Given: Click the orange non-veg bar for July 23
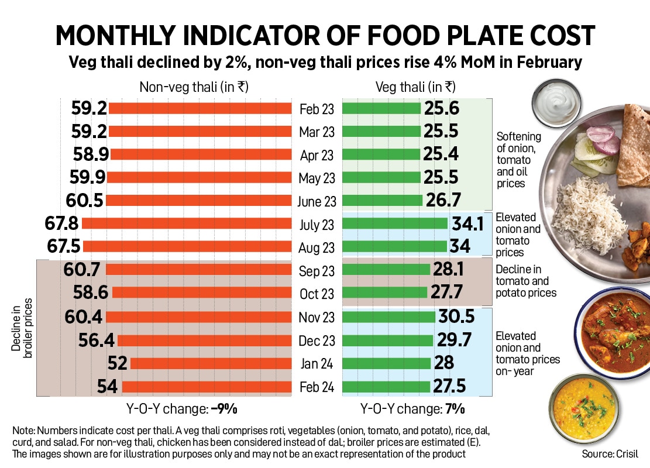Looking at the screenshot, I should click(x=187, y=223).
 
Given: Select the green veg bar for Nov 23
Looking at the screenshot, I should click(x=388, y=316).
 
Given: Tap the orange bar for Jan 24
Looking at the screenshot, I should click(x=211, y=363).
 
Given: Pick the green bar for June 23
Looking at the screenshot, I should click(x=382, y=201).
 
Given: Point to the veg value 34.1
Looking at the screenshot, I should click(x=466, y=223).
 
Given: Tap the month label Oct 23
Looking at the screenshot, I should click(x=317, y=293).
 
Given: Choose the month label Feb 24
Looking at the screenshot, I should click(x=317, y=387).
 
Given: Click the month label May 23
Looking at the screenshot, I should click(x=317, y=178).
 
